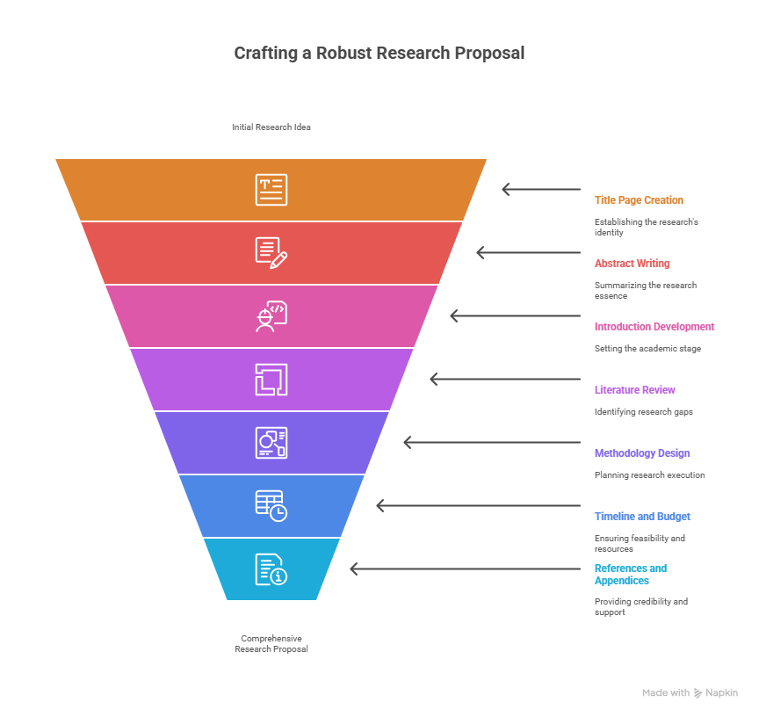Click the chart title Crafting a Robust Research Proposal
point(379,54)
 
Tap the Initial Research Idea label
point(271,127)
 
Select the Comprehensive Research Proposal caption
point(271,643)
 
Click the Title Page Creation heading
point(639,200)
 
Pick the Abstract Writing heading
point(632,264)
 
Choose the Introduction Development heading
point(654,327)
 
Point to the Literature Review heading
point(634,390)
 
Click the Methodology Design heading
point(642,453)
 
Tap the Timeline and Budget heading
point(642,517)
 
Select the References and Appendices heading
point(630,574)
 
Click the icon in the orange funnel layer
point(271,190)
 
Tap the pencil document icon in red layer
point(271,253)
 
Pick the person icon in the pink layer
point(271,316)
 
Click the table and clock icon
point(271,506)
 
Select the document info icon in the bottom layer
point(271,569)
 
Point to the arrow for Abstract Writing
point(529,252)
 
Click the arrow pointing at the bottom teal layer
point(466,569)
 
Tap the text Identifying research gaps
point(643,412)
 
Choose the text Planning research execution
point(649,475)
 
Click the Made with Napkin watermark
point(690,692)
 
